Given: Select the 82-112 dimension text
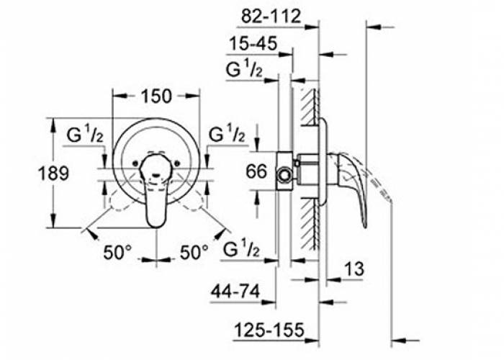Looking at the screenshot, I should click(x=270, y=16).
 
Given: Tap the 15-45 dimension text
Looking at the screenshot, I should click(x=253, y=44).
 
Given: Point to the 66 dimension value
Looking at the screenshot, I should click(x=256, y=171).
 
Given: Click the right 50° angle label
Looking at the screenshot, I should click(x=194, y=253).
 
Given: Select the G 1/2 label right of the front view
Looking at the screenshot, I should click(x=227, y=135).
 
